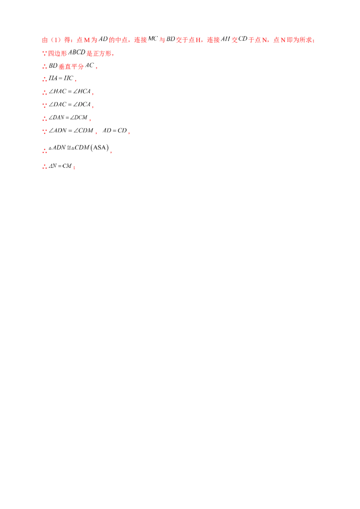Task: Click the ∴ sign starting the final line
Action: coord(44,166)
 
